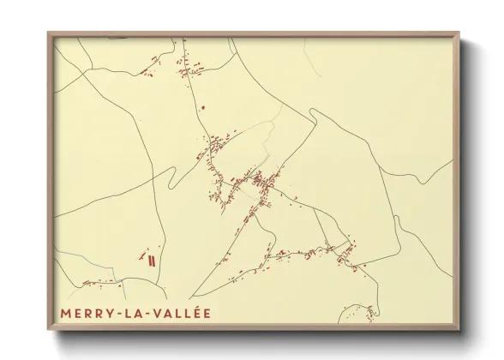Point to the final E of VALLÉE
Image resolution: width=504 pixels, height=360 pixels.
tap(206, 314)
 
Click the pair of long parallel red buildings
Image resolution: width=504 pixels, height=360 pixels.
tap(151, 259)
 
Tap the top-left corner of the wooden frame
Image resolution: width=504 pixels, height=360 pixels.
tap(48, 33)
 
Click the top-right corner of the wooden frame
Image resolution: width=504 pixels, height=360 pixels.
tap(459, 33)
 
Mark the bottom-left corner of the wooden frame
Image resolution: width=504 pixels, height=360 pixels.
tap(48, 330)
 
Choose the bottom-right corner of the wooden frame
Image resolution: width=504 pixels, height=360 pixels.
tap(459, 330)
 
